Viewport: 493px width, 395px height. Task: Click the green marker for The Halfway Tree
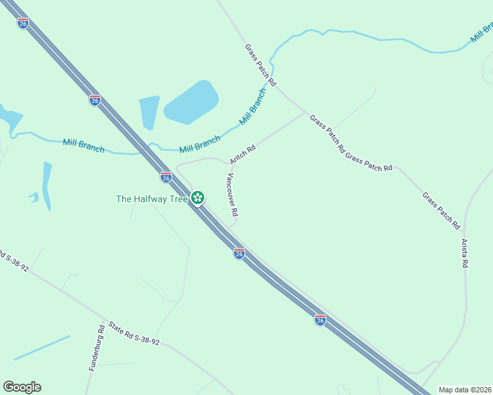[198, 197]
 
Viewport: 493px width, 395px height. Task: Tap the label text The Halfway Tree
[152, 199]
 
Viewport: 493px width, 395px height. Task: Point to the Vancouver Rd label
[232, 196]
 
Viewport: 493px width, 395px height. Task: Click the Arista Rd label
[464, 253]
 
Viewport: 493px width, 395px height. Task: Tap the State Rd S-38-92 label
[134, 334]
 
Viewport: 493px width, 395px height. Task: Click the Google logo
[22, 387]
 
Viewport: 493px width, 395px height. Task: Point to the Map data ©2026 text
[465, 390]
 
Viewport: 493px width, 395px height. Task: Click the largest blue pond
[190, 102]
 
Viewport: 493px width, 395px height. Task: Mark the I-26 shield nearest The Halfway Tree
[166, 177]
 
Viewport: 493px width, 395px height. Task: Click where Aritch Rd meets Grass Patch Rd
[306, 113]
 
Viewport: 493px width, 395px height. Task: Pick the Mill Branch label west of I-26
[84, 145]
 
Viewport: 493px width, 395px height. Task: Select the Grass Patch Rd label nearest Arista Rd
[441, 211]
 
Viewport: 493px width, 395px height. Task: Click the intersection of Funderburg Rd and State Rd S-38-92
[102, 320]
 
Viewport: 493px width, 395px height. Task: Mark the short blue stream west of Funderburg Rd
[42, 348]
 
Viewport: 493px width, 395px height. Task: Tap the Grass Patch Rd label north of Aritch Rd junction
[260, 65]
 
